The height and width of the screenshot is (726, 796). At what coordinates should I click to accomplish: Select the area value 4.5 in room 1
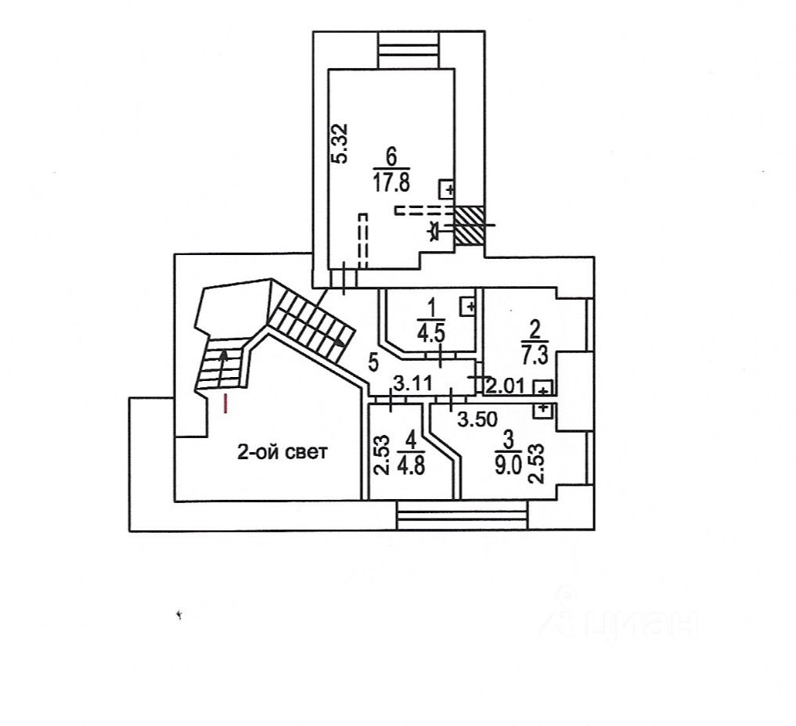click(x=430, y=332)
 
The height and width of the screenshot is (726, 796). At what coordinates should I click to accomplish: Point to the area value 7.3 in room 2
click(x=535, y=357)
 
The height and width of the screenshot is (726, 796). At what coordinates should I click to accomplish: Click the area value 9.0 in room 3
click(x=507, y=468)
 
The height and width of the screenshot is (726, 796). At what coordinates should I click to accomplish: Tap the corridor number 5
click(x=373, y=361)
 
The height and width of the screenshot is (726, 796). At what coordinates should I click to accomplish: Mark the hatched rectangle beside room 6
click(x=471, y=224)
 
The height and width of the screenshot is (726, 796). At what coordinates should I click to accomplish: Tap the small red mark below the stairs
click(x=225, y=404)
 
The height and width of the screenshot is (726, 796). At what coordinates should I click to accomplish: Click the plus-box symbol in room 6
click(x=448, y=189)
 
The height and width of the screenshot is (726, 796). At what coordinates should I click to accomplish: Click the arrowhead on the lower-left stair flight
click(x=225, y=357)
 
